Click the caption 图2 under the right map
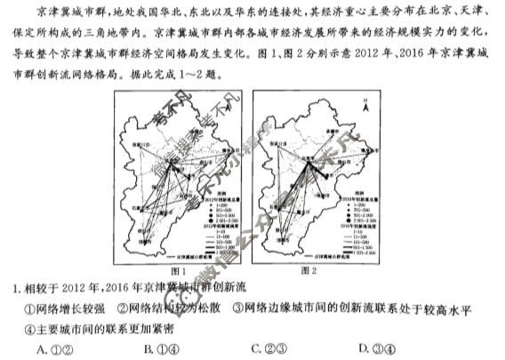point(309,269)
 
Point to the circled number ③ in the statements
point(237,308)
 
